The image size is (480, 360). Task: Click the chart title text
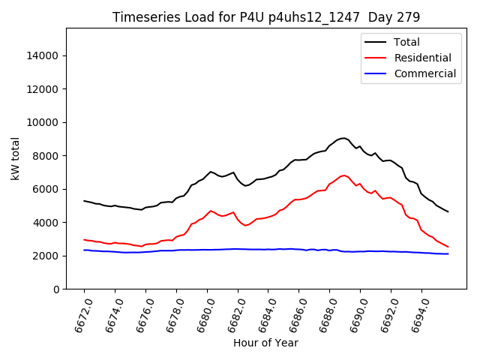tap(265, 17)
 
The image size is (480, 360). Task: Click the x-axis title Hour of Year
tap(265, 343)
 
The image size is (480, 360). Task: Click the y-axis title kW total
tap(16, 159)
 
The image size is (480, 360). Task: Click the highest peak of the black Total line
tap(343, 138)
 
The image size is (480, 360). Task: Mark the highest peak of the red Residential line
tap(343, 175)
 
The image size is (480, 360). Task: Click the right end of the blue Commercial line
tap(448, 253)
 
